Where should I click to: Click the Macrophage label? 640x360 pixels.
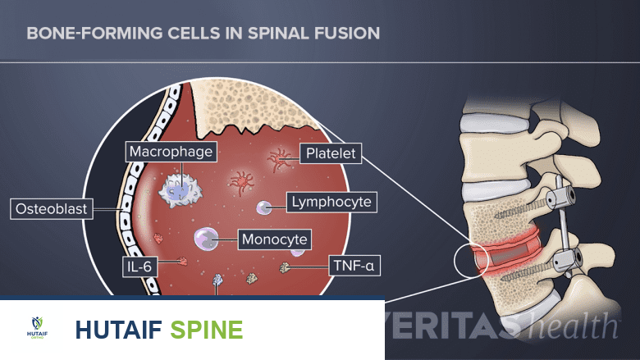[x=171, y=152]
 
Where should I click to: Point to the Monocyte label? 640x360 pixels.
[x=275, y=240]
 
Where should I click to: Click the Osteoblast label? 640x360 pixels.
[x=50, y=209]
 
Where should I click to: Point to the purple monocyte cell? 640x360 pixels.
[x=205, y=239]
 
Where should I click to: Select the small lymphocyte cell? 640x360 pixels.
[x=265, y=208]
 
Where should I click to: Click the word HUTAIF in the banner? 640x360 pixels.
[x=120, y=329]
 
